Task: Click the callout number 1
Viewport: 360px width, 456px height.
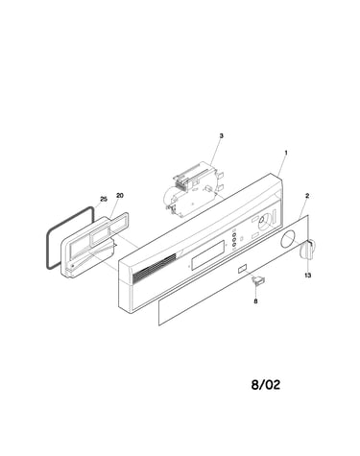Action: [x=286, y=153]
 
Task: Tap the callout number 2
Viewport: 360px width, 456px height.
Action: [x=307, y=196]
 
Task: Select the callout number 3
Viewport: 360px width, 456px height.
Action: [x=221, y=136]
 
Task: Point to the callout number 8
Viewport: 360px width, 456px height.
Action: [x=255, y=300]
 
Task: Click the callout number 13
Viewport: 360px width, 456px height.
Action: [x=308, y=276]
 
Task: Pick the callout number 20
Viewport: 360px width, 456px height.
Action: [x=119, y=195]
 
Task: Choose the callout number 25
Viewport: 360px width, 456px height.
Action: [x=104, y=199]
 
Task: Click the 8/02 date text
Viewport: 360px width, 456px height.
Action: [x=266, y=384]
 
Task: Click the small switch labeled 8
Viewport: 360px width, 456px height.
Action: [x=258, y=279]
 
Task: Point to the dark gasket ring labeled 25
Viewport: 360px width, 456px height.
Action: [x=48, y=237]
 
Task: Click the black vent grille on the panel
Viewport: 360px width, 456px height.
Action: [x=154, y=266]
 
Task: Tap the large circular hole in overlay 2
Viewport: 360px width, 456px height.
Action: [x=289, y=239]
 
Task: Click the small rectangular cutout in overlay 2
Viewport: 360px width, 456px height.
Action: [x=242, y=269]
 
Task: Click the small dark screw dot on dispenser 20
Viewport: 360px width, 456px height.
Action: [x=73, y=265]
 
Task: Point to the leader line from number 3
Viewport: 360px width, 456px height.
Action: [x=215, y=152]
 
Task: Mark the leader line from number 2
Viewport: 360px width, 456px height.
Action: [x=302, y=207]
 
